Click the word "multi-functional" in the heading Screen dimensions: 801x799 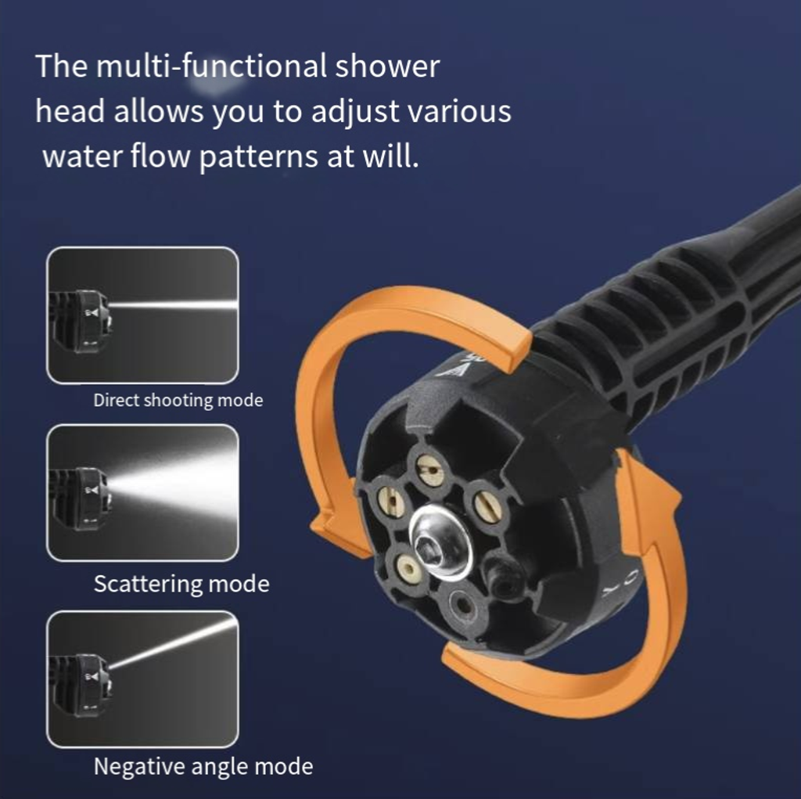pos(211,66)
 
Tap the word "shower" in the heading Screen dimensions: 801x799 pos(387,66)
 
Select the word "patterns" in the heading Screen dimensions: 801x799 pos(258,157)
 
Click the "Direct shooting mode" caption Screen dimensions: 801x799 pos(178,400)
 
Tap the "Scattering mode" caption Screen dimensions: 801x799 pos(181,584)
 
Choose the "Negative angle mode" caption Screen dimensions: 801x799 pos(203,767)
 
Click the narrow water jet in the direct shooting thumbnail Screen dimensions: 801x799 pos(174,306)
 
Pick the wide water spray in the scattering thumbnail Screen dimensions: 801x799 pos(174,486)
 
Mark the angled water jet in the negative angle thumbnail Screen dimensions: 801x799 pos(173,643)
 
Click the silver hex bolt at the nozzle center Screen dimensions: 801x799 pos(440,542)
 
